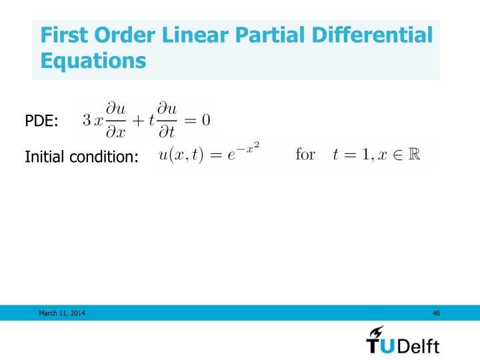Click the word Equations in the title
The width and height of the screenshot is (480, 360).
point(93,61)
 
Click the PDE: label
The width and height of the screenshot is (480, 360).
point(41,121)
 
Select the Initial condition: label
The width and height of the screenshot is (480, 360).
point(81,157)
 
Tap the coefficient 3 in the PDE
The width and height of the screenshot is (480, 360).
point(86,121)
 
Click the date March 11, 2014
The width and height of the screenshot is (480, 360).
point(61,313)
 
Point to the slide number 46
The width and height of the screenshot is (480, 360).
point(436,313)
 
